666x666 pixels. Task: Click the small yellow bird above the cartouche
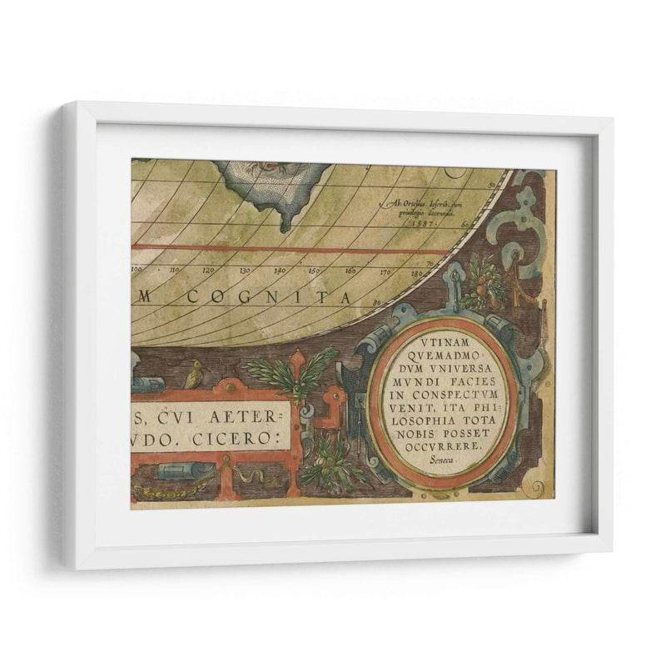pyautogui.click(x=194, y=374)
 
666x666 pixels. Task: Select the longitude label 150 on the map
pyautogui.click(x=315, y=271)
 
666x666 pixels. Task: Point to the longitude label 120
pyautogui.click(x=208, y=271)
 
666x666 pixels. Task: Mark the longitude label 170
pyautogui.click(x=385, y=271)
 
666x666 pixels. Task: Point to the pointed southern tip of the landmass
pyautogui.click(x=285, y=226)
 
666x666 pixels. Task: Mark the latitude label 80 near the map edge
pyautogui.click(x=377, y=303)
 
